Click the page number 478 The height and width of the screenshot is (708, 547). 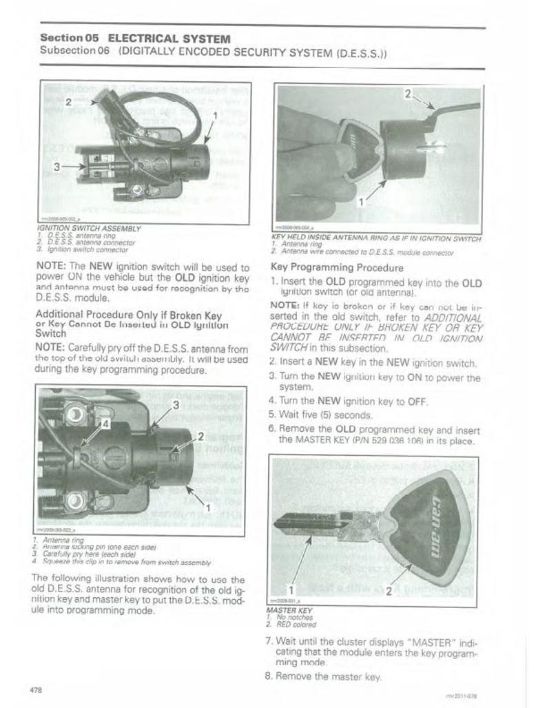click(x=37, y=689)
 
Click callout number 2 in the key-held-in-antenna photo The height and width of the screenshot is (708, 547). click(x=409, y=93)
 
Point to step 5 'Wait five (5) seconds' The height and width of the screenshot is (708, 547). click(x=320, y=415)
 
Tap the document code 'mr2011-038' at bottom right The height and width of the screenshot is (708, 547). click(x=456, y=696)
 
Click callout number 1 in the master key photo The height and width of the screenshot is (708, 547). click(x=291, y=590)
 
